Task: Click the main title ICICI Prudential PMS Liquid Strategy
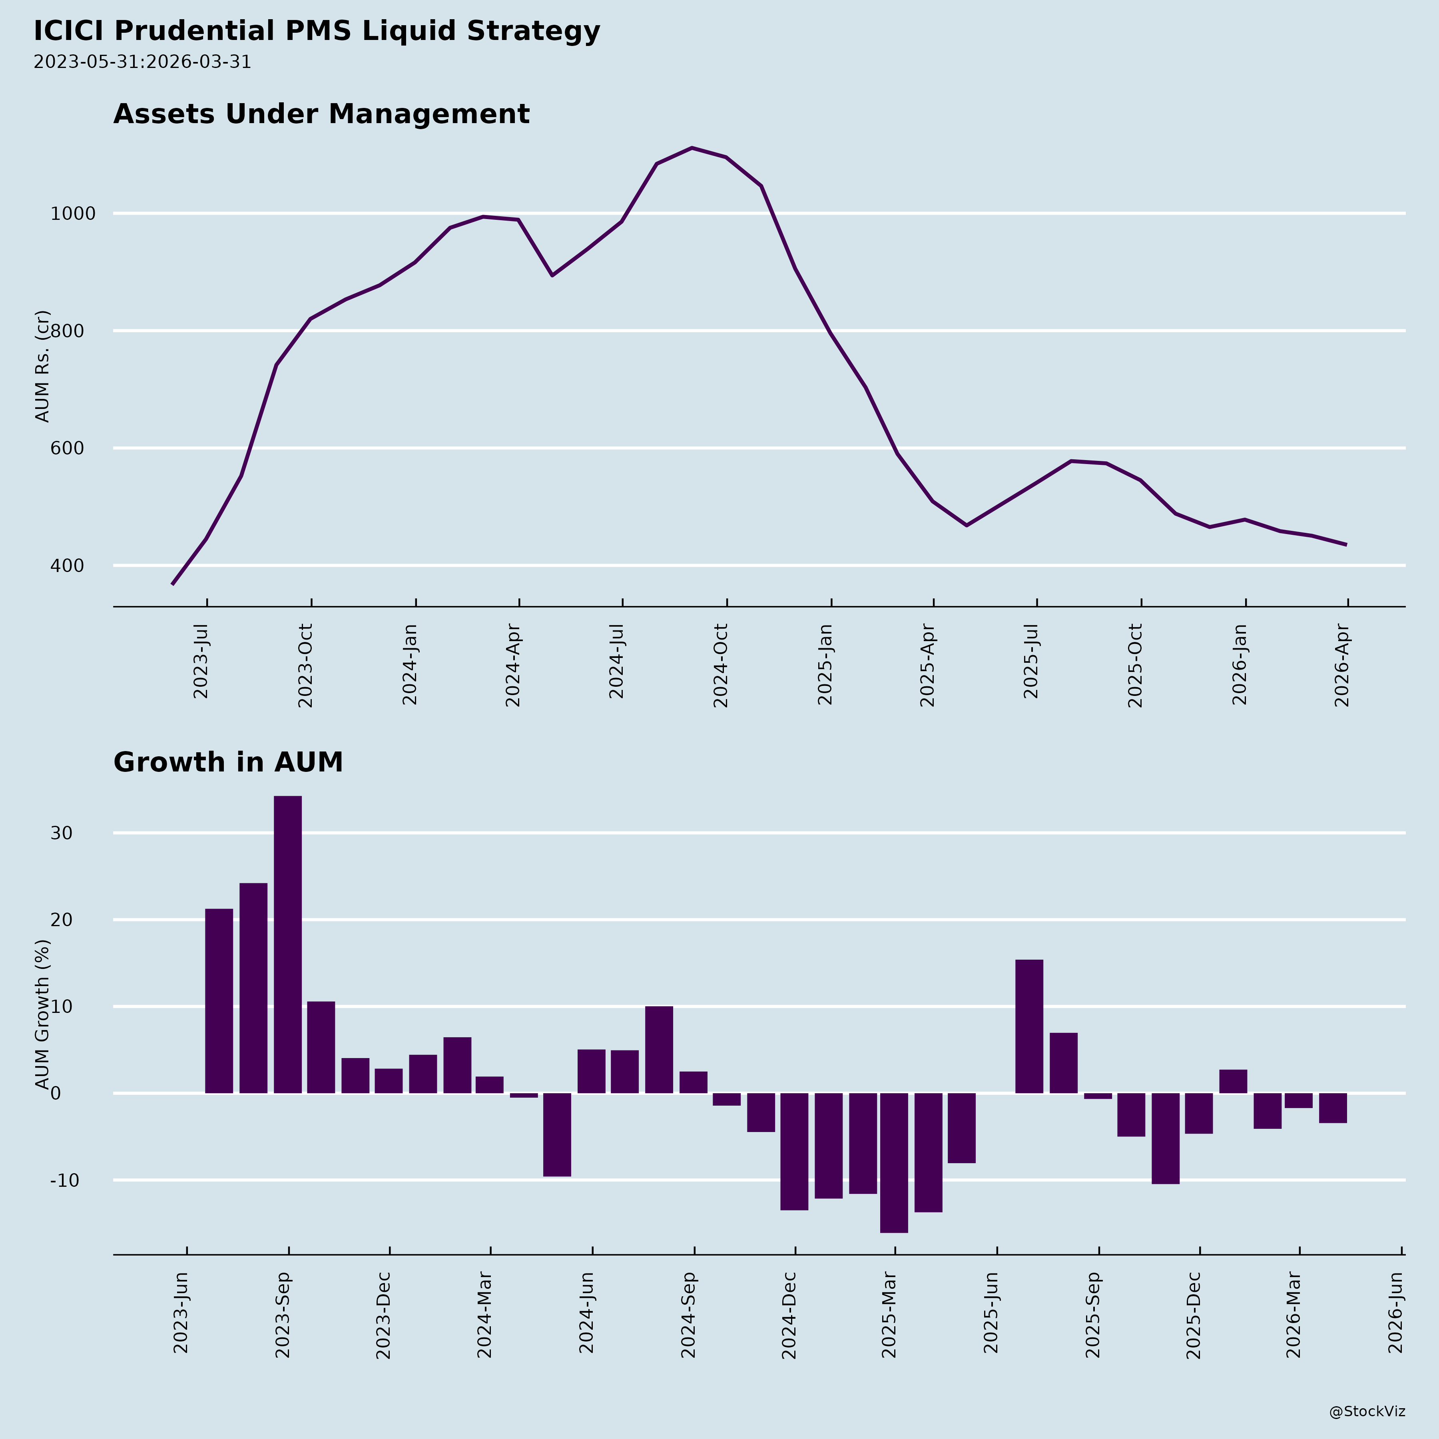317,31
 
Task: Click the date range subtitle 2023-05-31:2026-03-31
142,62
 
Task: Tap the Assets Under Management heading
321,114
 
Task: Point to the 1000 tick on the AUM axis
73,214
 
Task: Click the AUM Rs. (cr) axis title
42,367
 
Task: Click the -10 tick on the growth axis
65,1180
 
